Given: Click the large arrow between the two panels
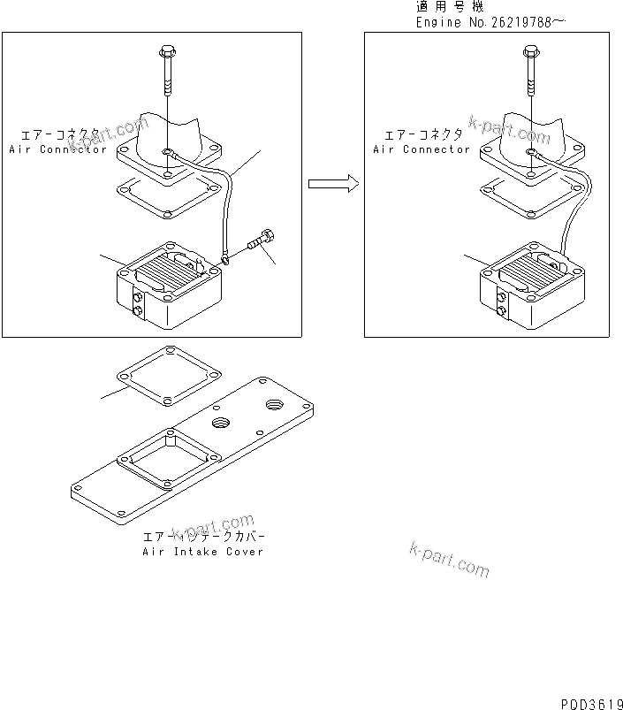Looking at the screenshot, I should pos(333,184).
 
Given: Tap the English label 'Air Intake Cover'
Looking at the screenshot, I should pos(202,552).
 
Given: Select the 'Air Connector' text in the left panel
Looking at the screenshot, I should pos(57,149).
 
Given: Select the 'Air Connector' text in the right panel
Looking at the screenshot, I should pos(422,149).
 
